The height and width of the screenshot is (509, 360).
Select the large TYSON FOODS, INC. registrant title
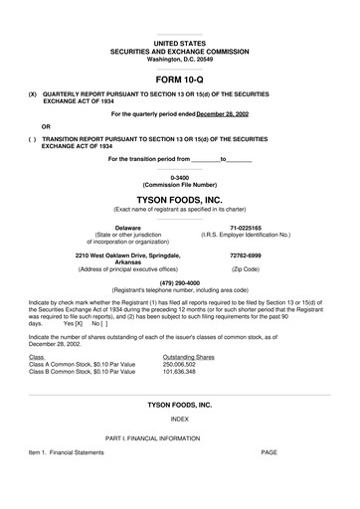tap(179, 199)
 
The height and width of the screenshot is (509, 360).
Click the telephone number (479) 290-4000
tap(179, 281)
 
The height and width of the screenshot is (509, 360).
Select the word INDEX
tap(179, 419)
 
